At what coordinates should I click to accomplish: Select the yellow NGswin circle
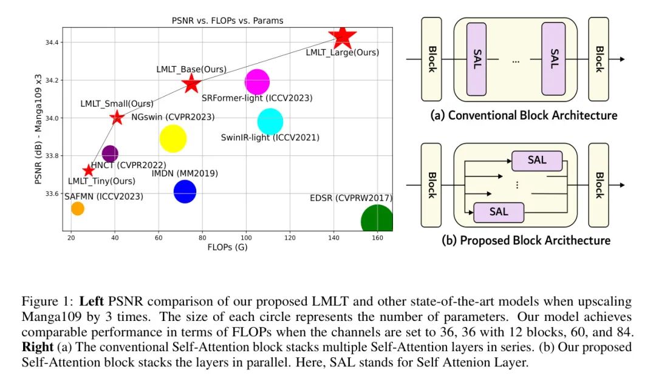coord(173,139)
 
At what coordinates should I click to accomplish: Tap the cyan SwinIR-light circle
coord(270,122)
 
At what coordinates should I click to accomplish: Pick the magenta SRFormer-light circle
coord(257,82)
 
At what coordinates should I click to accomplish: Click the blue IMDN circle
coord(185,192)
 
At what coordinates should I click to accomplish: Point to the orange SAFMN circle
coord(77,208)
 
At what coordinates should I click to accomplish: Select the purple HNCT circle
coord(110,154)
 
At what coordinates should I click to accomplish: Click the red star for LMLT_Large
coord(342,37)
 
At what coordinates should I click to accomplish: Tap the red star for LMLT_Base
coord(191,84)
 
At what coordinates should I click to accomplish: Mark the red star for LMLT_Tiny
coord(89,170)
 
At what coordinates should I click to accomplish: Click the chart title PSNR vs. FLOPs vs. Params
coord(228,21)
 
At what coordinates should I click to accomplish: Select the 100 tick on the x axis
coord(245,238)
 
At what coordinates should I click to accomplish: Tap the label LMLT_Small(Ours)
coord(117,104)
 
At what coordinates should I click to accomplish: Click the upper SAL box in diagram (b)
coord(536,161)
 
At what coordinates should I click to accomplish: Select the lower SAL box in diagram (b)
coord(498,212)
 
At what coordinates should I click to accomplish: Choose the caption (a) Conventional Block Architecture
coord(524,115)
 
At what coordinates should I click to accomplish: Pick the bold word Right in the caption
coord(36,348)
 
